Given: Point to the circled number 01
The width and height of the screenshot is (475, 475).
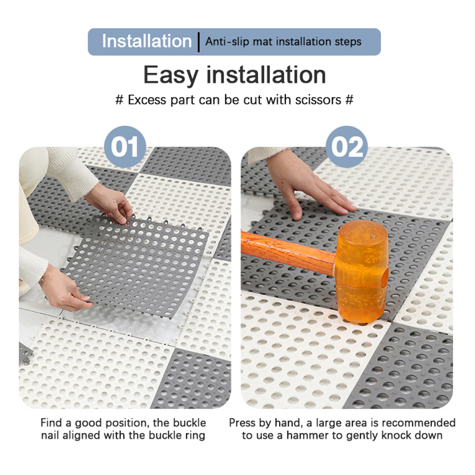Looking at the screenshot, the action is [125, 147].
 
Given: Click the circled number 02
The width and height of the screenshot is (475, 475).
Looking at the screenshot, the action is [347, 147].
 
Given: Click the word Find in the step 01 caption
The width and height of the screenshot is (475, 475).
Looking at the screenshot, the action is [51, 423].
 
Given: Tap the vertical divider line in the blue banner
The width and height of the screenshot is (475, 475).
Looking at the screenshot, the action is [199, 42].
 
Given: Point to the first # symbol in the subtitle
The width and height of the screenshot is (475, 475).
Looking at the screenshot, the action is [119, 100].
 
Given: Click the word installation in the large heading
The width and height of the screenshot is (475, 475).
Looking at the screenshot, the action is [266, 75].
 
